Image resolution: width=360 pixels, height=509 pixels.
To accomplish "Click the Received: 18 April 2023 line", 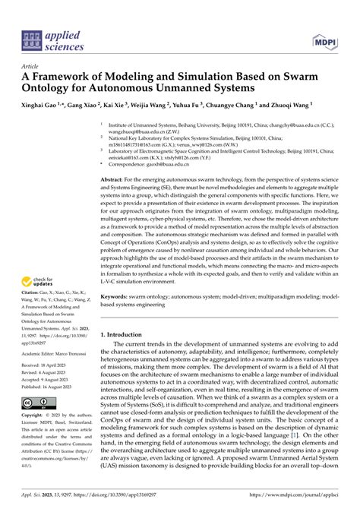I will pos(47,365).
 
